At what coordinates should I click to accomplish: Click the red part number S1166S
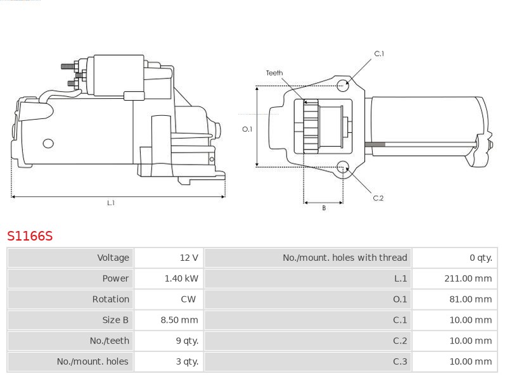[30, 236]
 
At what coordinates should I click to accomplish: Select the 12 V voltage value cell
[189, 258]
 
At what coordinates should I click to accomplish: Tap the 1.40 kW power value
[181, 279]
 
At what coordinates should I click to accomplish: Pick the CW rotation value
[188, 299]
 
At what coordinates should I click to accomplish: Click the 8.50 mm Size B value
[179, 320]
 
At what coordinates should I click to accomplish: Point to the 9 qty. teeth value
[187, 341]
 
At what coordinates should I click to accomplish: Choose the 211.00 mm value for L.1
[468, 279]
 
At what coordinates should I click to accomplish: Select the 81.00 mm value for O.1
[470, 299]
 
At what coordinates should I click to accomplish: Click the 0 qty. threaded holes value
[481, 258]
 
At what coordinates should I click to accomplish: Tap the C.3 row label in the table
[400, 361]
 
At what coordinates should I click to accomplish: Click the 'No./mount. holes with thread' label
[345, 258]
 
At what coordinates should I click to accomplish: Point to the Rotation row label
[110, 299]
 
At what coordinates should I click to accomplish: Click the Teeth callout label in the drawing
[274, 73]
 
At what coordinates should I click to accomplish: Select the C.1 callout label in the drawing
[379, 54]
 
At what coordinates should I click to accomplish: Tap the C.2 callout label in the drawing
[378, 198]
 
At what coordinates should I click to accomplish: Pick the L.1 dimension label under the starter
[110, 203]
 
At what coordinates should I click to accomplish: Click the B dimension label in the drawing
[324, 208]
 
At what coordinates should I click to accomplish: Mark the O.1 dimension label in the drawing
[247, 129]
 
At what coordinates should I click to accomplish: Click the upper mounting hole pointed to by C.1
[343, 85]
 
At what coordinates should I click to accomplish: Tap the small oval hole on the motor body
[48, 144]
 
